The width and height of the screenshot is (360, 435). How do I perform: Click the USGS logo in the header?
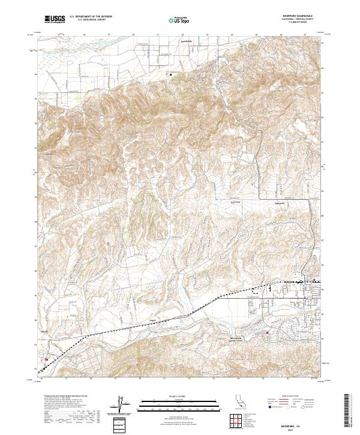pyautogui.click(x=55, y=19)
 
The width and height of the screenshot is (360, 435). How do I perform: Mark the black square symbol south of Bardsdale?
pyautogui.click(x=170, y=75)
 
